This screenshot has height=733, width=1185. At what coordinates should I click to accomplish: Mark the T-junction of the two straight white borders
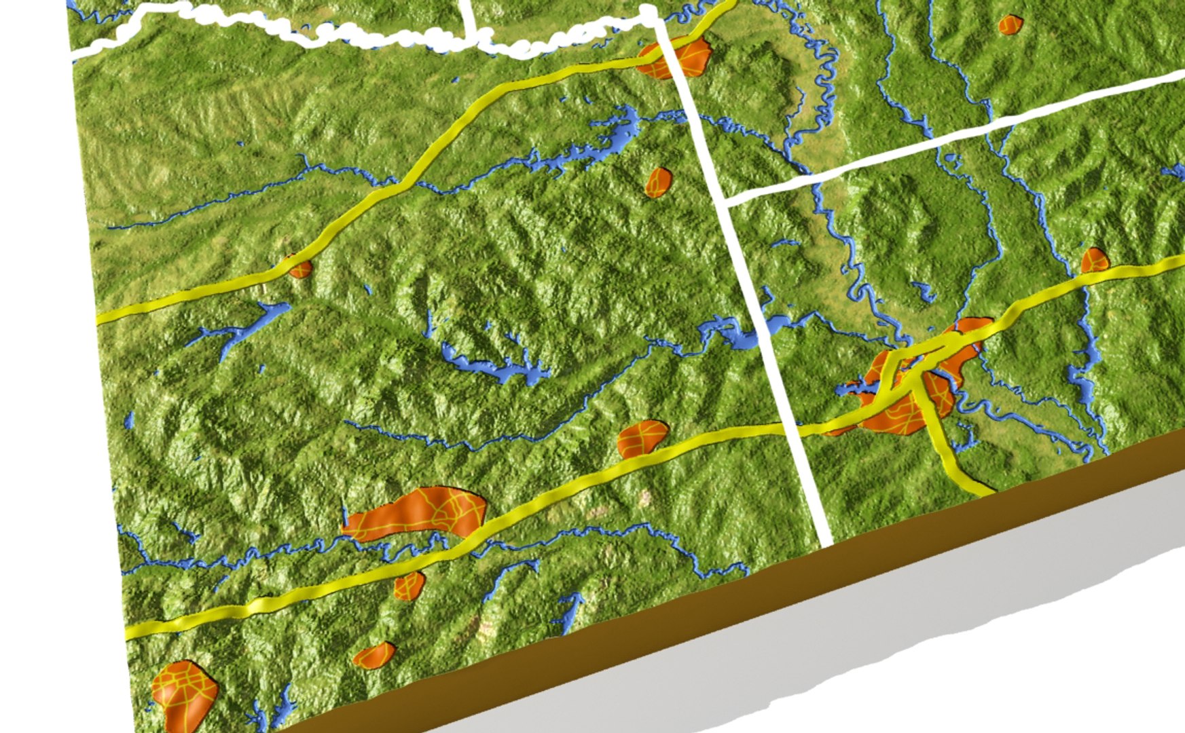[x=727, y=202]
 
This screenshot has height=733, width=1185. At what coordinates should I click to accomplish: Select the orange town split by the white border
[x=676, y=56]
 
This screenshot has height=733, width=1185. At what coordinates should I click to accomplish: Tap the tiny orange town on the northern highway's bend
[x=299, y=268]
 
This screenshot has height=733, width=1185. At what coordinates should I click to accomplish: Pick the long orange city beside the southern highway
[x=418, y=512]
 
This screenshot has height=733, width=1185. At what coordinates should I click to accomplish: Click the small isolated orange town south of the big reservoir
[x=657, y=181]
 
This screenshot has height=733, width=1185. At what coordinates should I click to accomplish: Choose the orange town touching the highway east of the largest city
[x=1094, y=261]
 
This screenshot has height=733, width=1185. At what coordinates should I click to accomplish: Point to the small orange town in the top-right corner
[x=1010, y=25]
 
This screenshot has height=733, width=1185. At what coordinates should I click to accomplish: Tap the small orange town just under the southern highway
[x=409, y=585]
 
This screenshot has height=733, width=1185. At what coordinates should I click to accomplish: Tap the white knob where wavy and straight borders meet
[x=649, y=12]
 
